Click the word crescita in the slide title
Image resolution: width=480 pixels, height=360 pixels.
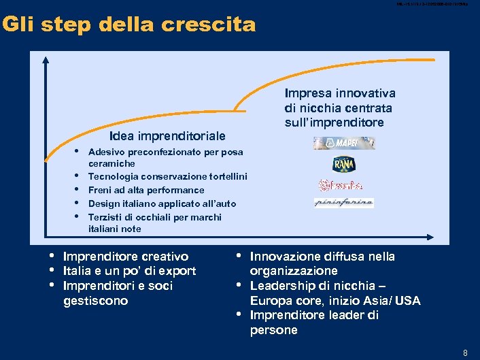pyautogui.click(x=216, y=25)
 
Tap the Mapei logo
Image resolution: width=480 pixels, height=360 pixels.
pyautogui.click(x=344, y=143)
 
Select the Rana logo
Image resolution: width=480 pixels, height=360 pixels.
pyautogui.click(x=344, y=164)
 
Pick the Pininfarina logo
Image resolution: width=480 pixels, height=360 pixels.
pyautogui.click(x=344, y=203)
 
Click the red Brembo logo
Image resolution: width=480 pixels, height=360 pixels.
pyautogui.click(x=341, y=185)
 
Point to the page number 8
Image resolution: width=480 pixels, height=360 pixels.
pyautogui.click(x=465, y=353)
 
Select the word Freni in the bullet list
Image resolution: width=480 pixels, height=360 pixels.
pyautogui.click(x=101, y=190)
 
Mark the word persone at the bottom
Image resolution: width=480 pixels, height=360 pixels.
pyautogui.click(x=274, y=331)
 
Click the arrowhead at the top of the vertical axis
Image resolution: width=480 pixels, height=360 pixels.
pyautogui.click(x=46, y=58)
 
